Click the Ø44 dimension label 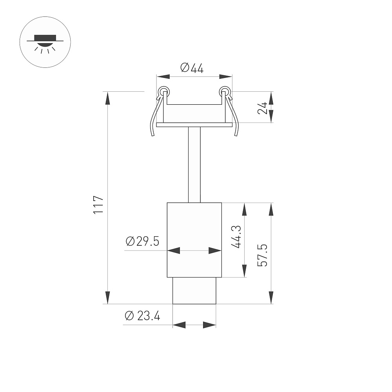click(x=192, y=68)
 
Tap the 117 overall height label click(x=98, y=205)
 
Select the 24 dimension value click(x=262, y=108)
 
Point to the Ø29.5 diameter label click(x=142, y=241)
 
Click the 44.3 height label click(x=236, y=237)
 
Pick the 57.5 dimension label click(x=262, y=255)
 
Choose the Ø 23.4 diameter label click(x=142, y=316)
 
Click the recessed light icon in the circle click(x=45, y=43)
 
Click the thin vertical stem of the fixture click(x=194, y=165)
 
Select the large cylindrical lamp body click(x=194, y=240)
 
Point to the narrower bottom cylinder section click(x=194, y=291)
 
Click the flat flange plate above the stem click(x=194, y=125)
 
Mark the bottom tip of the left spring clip click(x=153, y=136)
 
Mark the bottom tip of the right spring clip click(x=236, y=136)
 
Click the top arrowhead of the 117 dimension click(x=108, y=98)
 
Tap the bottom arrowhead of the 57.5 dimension click(x=271, y=298)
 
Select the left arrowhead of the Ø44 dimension click(x=163, y=76)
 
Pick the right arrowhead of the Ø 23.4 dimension click(x=209, y=325)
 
